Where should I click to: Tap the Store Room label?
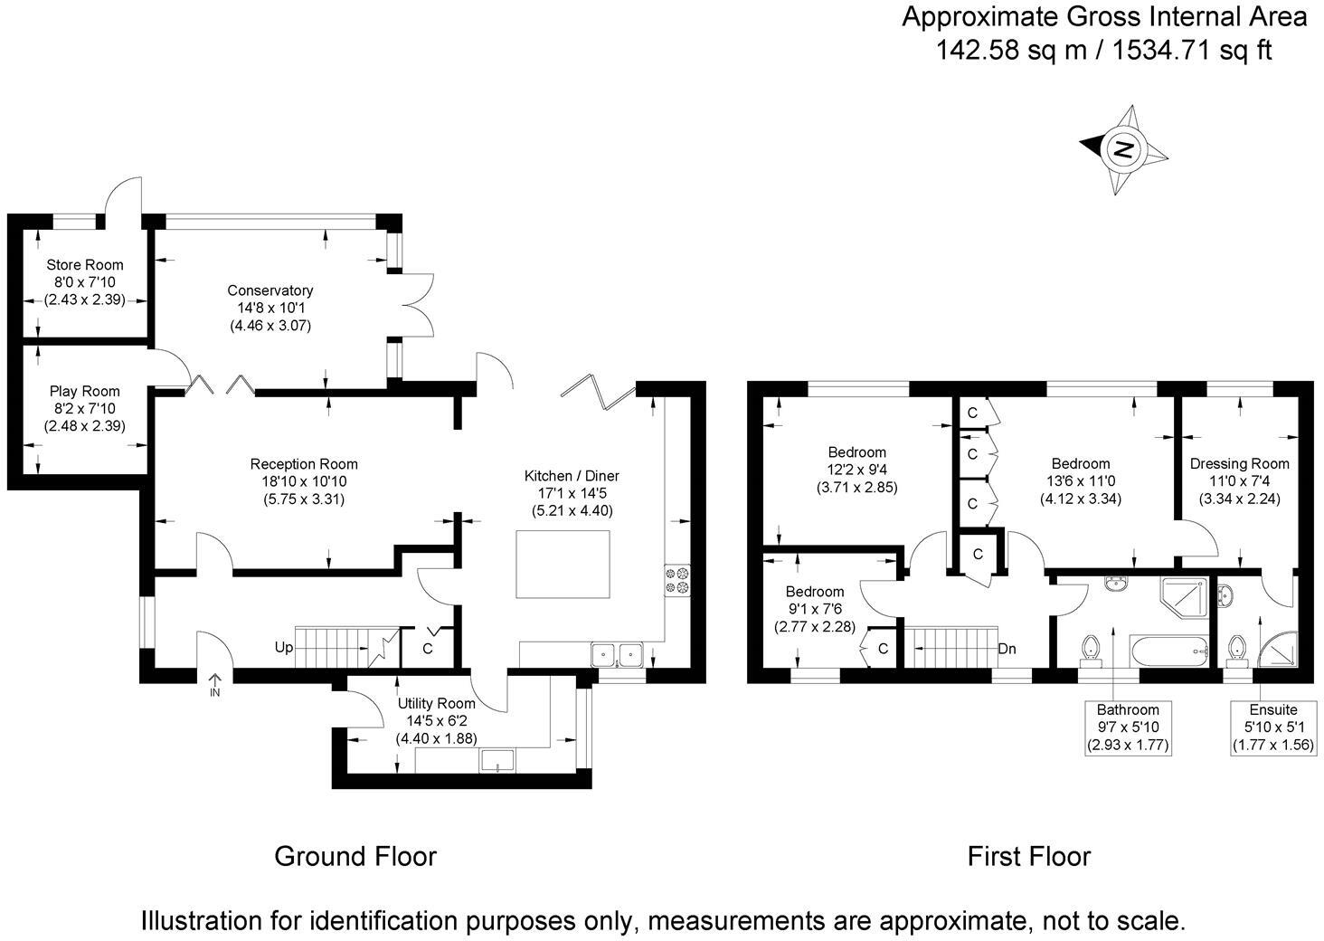click(x=85, y=264)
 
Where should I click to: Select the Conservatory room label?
click(x=270, y=290)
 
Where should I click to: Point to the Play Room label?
click(x=84, y=391)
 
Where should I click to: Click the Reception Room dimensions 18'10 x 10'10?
click(x=304, y=481)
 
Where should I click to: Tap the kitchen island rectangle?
click(x=563, y=565)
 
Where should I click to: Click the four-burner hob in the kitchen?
click(x=677, y=580)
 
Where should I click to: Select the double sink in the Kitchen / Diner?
click(x=617, y=654)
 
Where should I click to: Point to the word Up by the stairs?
click(x=284, y=648)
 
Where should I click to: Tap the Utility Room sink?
click(x=497, y=760)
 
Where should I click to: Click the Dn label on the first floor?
click(x=1007, y=649)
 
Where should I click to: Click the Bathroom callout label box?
click(x=1128, y=727)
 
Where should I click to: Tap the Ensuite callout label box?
click(x=1273, y=727)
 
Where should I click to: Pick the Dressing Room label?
click(x=1240, y=463)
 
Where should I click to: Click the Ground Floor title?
click(x=355, y=857)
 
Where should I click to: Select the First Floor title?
click(x=1029, y=857)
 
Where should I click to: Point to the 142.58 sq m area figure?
click(x=1011, y=51)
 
